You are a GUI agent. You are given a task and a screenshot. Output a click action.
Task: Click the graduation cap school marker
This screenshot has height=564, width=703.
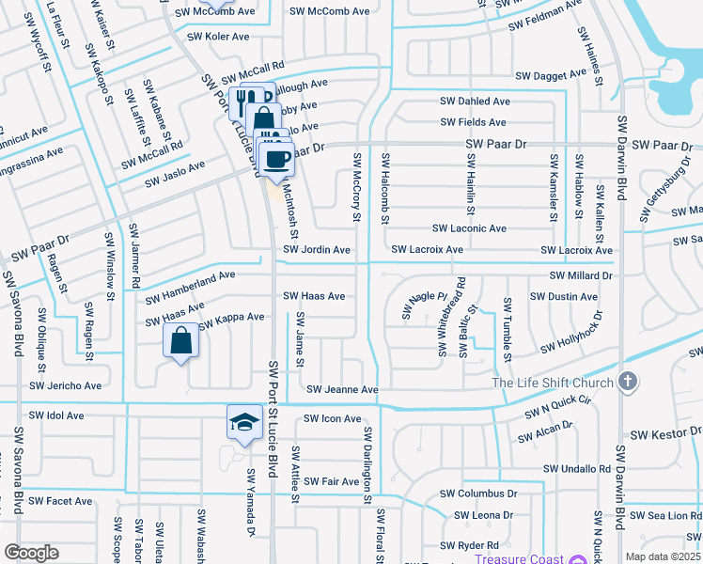click(244, 423)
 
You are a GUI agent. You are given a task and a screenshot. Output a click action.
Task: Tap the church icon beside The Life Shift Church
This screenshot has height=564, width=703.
click(628, 382)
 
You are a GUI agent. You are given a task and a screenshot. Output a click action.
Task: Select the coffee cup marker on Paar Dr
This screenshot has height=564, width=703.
click(276, 158)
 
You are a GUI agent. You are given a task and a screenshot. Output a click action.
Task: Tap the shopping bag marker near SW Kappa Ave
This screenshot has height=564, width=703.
click(182, 340)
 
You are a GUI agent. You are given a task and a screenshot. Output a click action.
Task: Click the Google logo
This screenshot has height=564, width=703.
click(31, 553)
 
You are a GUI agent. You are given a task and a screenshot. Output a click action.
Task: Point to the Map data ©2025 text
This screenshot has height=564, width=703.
click(664, 556)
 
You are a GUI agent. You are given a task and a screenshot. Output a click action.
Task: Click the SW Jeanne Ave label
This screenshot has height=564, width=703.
click(342, 389)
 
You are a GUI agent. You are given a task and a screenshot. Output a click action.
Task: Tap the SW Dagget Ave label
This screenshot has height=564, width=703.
click(550, 76)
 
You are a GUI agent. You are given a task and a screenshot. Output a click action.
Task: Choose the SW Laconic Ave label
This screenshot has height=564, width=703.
click(469, 228)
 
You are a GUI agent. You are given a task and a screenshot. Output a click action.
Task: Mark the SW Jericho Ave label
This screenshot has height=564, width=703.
click(65, 385)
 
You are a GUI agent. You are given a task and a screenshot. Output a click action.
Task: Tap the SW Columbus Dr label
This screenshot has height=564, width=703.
click(478, 493)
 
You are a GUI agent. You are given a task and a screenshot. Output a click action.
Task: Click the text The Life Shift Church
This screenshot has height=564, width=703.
click(553, 383)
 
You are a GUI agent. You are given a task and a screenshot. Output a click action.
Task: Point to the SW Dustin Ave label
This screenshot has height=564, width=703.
click(564, 296)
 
